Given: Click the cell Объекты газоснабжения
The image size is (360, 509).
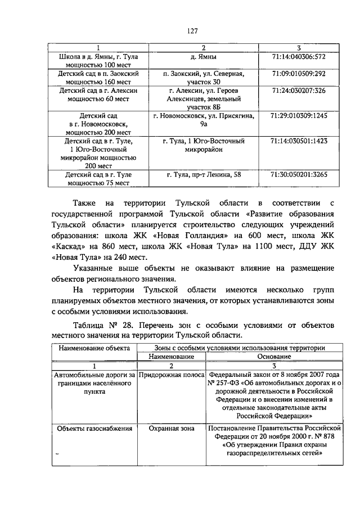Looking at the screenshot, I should click(x=94, y=428).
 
